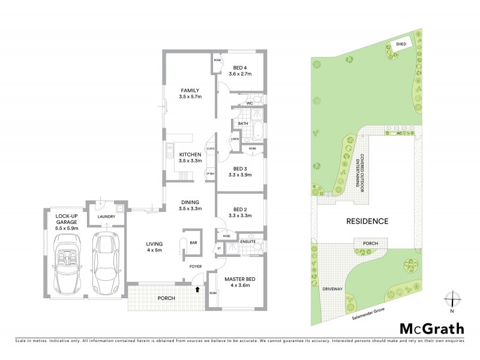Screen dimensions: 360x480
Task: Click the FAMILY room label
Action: (190, 91)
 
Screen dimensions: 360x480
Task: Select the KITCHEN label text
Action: (190, 154)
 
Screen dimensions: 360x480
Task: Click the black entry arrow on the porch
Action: (197, 290)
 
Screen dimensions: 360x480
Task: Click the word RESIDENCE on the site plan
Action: (367, 221)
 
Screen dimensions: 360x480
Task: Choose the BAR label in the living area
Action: (194, 243)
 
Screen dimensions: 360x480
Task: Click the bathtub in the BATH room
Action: (257, 131)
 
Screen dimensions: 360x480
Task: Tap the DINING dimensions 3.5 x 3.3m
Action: (190, 208)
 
